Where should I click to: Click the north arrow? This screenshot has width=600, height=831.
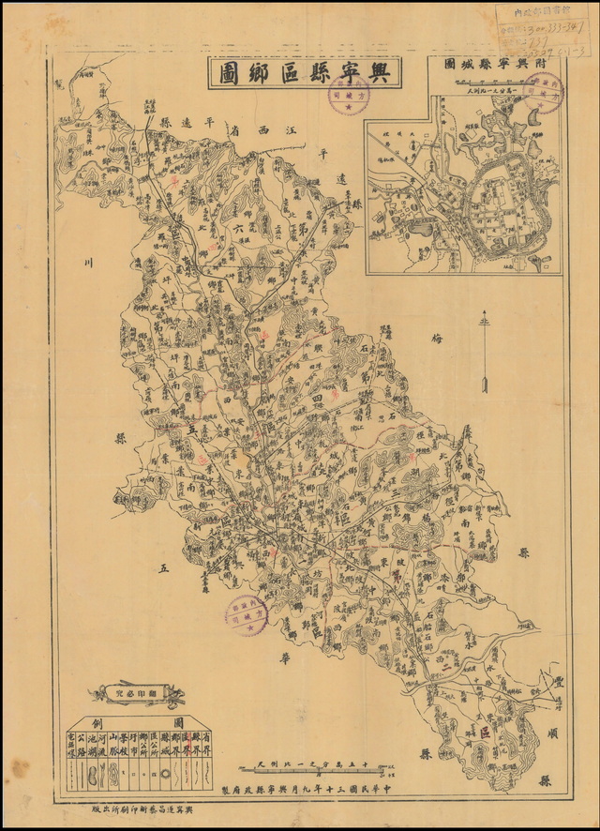(x=485, y=356)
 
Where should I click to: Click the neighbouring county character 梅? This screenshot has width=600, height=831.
(x=434, y=338)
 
